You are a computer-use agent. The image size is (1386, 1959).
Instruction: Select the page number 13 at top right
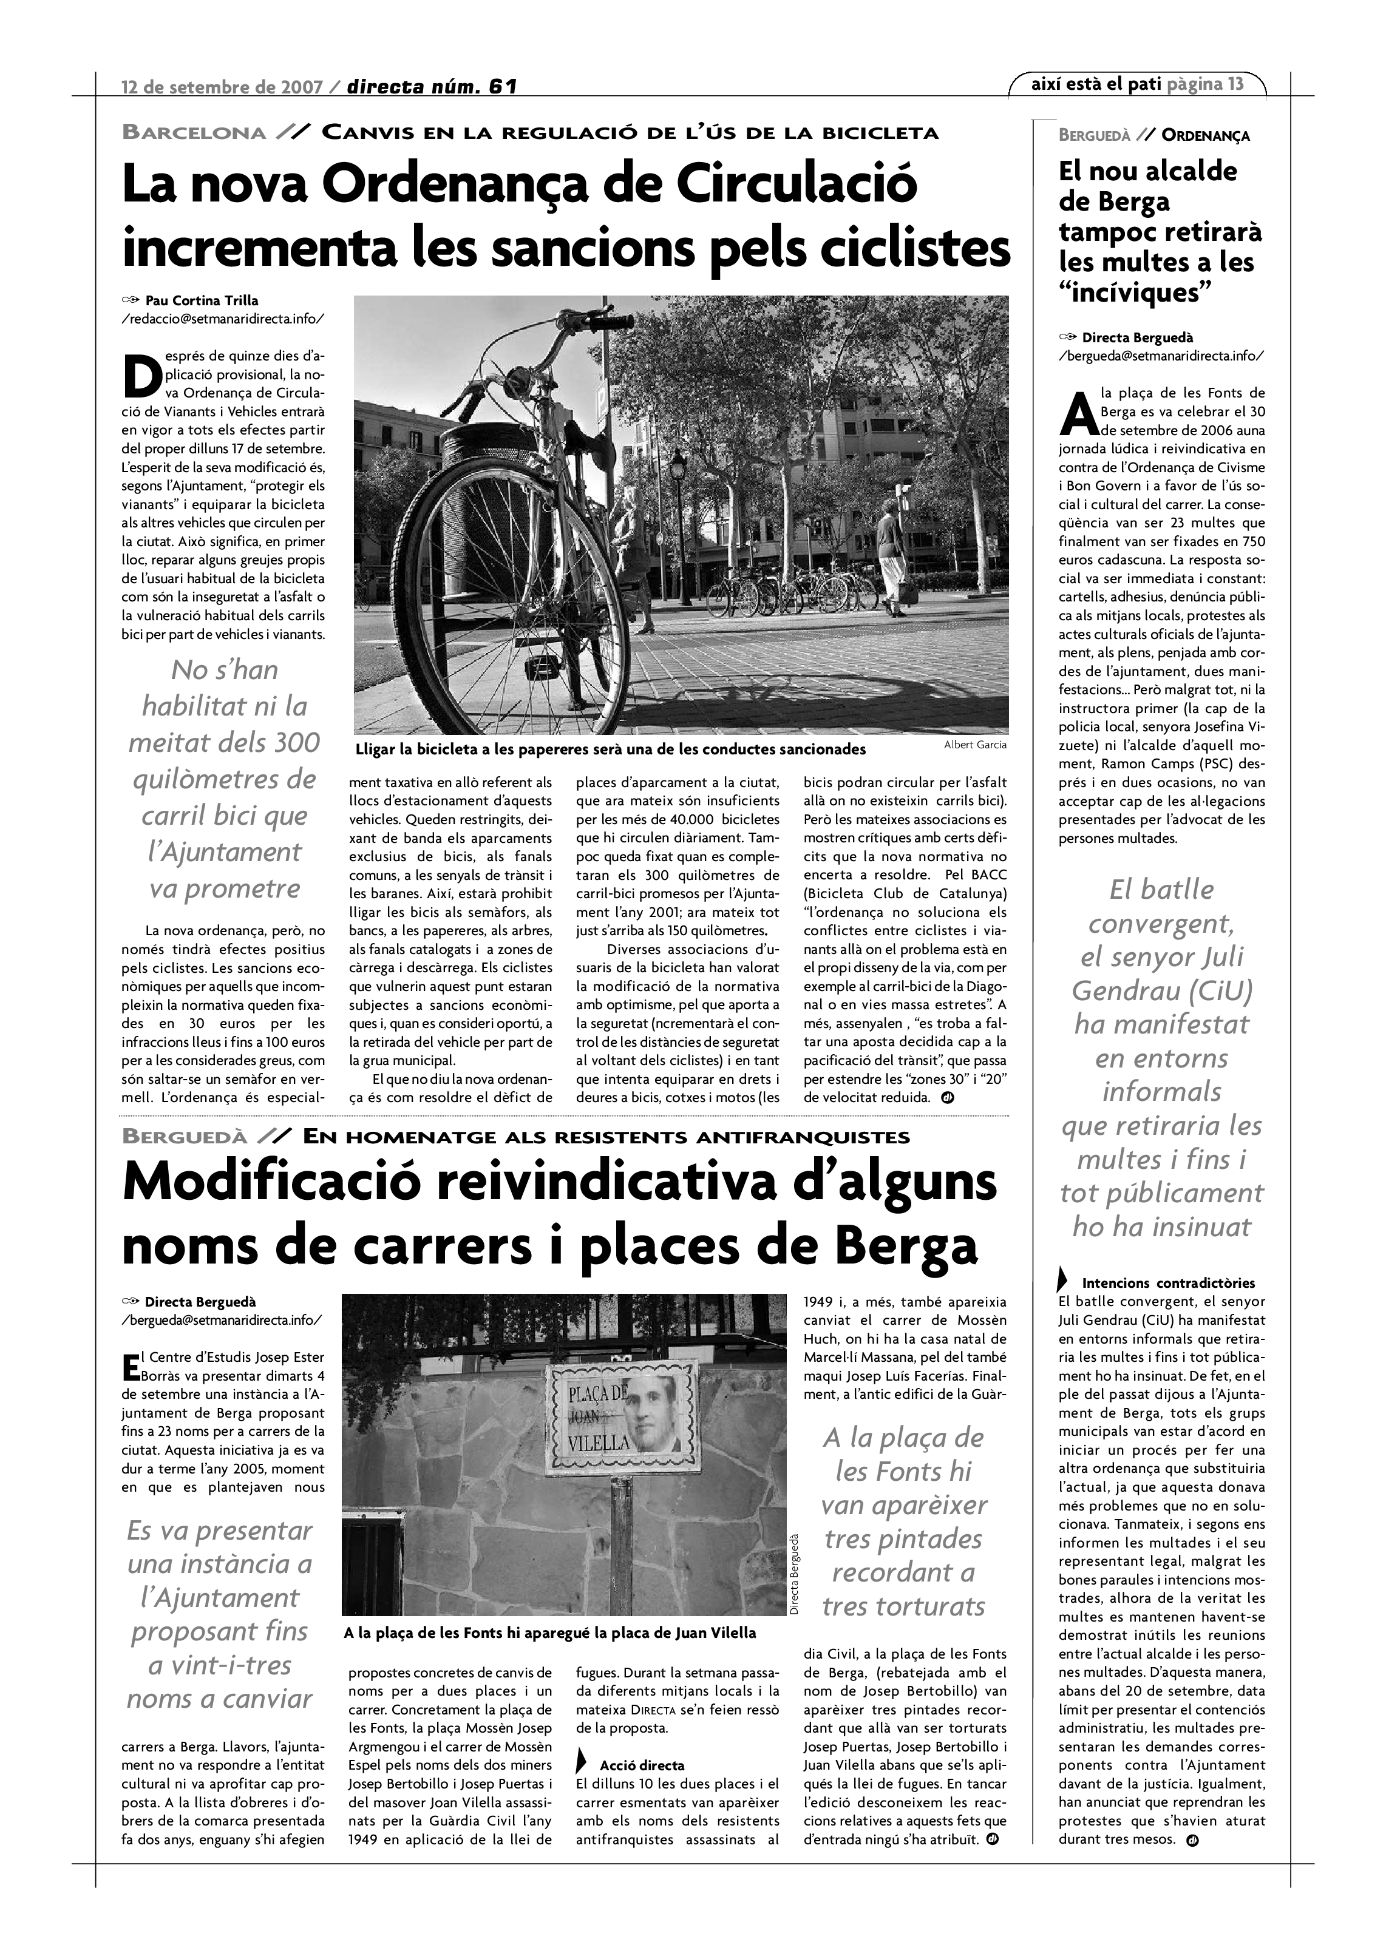tap(1235, 84)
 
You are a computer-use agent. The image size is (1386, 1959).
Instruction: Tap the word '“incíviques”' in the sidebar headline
tap(1134, 293)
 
